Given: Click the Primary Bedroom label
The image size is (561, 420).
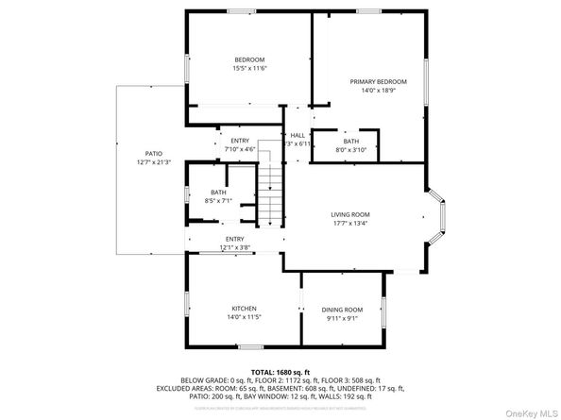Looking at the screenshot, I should [371, 82].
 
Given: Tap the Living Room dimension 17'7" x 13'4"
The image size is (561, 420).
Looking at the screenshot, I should [349, 224].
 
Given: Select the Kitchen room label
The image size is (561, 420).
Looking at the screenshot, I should [244, 309].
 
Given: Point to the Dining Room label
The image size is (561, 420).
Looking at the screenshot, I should [342, 310].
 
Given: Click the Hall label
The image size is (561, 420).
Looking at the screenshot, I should [297, 135].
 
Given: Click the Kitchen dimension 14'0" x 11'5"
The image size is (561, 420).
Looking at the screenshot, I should [244, 317].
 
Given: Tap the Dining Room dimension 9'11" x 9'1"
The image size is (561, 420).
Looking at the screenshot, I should [342, 318].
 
